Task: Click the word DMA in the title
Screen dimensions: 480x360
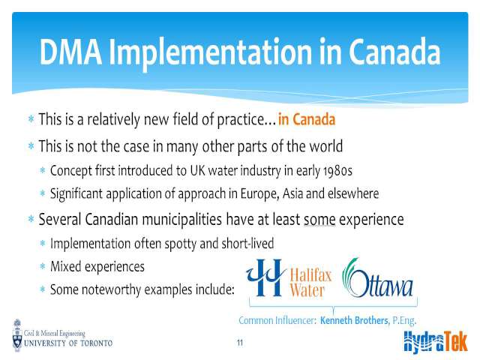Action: (70, 52)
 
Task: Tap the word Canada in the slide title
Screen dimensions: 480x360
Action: (394, 52)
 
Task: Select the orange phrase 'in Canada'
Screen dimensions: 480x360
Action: (307, 119)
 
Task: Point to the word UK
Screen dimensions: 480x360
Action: (197, 171)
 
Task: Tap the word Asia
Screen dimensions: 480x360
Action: (292, 193)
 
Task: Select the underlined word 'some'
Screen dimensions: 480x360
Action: (319, 220)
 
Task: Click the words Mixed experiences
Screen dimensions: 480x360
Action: (97, 267)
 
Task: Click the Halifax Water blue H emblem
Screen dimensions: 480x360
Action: (265, 277)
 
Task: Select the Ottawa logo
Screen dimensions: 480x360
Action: (377, 278)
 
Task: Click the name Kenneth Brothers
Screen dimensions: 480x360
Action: (355, 320)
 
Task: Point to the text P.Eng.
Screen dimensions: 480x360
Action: (404, 321)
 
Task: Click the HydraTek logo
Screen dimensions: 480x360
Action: (435, 342)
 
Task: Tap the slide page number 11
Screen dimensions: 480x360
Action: (240, 343)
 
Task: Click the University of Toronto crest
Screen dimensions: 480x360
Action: (17, 335)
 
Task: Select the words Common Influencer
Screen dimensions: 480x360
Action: (277, 320)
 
